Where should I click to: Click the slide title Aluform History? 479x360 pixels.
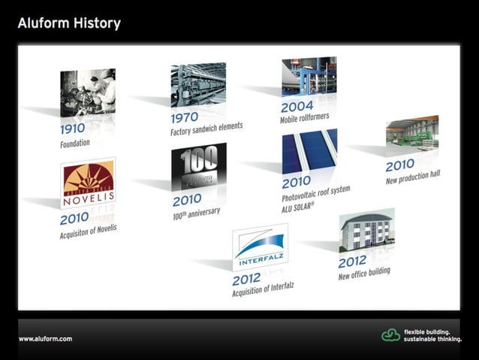click(x=69, y=23)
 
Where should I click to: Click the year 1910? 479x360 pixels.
click(x=74, y=129)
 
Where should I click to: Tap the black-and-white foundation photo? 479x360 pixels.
click(x=87, y=92)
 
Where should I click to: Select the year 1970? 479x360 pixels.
click(x=184, y=118)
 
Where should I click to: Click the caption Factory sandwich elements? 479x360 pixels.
click(x=206, y=129)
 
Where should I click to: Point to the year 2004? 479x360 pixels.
click(x=297, y=107)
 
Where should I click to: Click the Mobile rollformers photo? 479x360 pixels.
click(x=309, y=77)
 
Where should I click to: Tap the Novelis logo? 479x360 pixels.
click(x=88, y=183)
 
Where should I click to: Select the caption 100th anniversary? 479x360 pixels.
click(x=196, y=213)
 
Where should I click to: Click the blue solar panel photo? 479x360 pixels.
click(x=309, y=153)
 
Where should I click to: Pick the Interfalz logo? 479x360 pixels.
click(x=260, y=247)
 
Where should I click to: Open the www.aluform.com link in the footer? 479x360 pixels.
click(x=46, y=339)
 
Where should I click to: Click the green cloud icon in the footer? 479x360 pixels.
click(x=390, y=335)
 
